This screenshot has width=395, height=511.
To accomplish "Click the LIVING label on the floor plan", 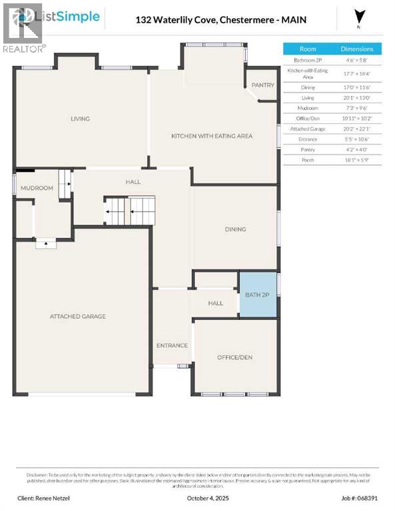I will coord(80,119).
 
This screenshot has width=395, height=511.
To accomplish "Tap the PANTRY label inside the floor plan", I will coord(262,85).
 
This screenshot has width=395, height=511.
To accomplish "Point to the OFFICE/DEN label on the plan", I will coord(234,357).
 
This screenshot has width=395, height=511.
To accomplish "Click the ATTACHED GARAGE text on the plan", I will coord(77,316).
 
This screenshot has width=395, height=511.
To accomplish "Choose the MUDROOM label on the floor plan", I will coord(37,188).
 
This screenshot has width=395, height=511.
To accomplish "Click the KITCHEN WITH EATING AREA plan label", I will coord(212,136).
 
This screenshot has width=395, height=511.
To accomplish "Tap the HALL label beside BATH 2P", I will coord(215,303).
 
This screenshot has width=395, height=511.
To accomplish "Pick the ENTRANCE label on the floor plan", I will coord(172,345).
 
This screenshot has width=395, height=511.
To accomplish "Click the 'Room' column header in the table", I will coord(308,49).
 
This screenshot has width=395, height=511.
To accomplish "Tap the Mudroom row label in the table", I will coord(308,107).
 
